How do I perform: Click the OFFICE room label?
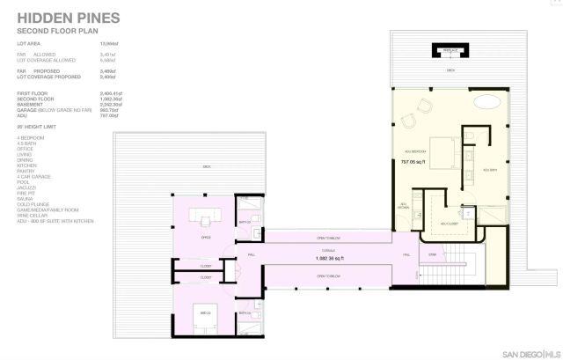[x=207, y=237]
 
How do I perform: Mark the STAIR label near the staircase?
[x=432, y=255]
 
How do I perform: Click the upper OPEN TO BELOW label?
[x=328, y=239]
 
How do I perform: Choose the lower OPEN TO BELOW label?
[x=328, y=276]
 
